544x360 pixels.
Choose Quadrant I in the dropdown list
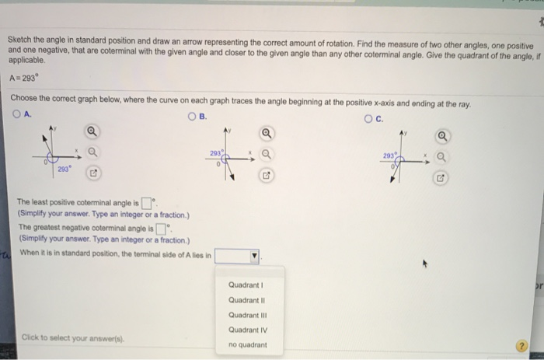click(246, 284)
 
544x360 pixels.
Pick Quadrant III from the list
click(247, 314)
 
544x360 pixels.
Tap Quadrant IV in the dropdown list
click(247, 329)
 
